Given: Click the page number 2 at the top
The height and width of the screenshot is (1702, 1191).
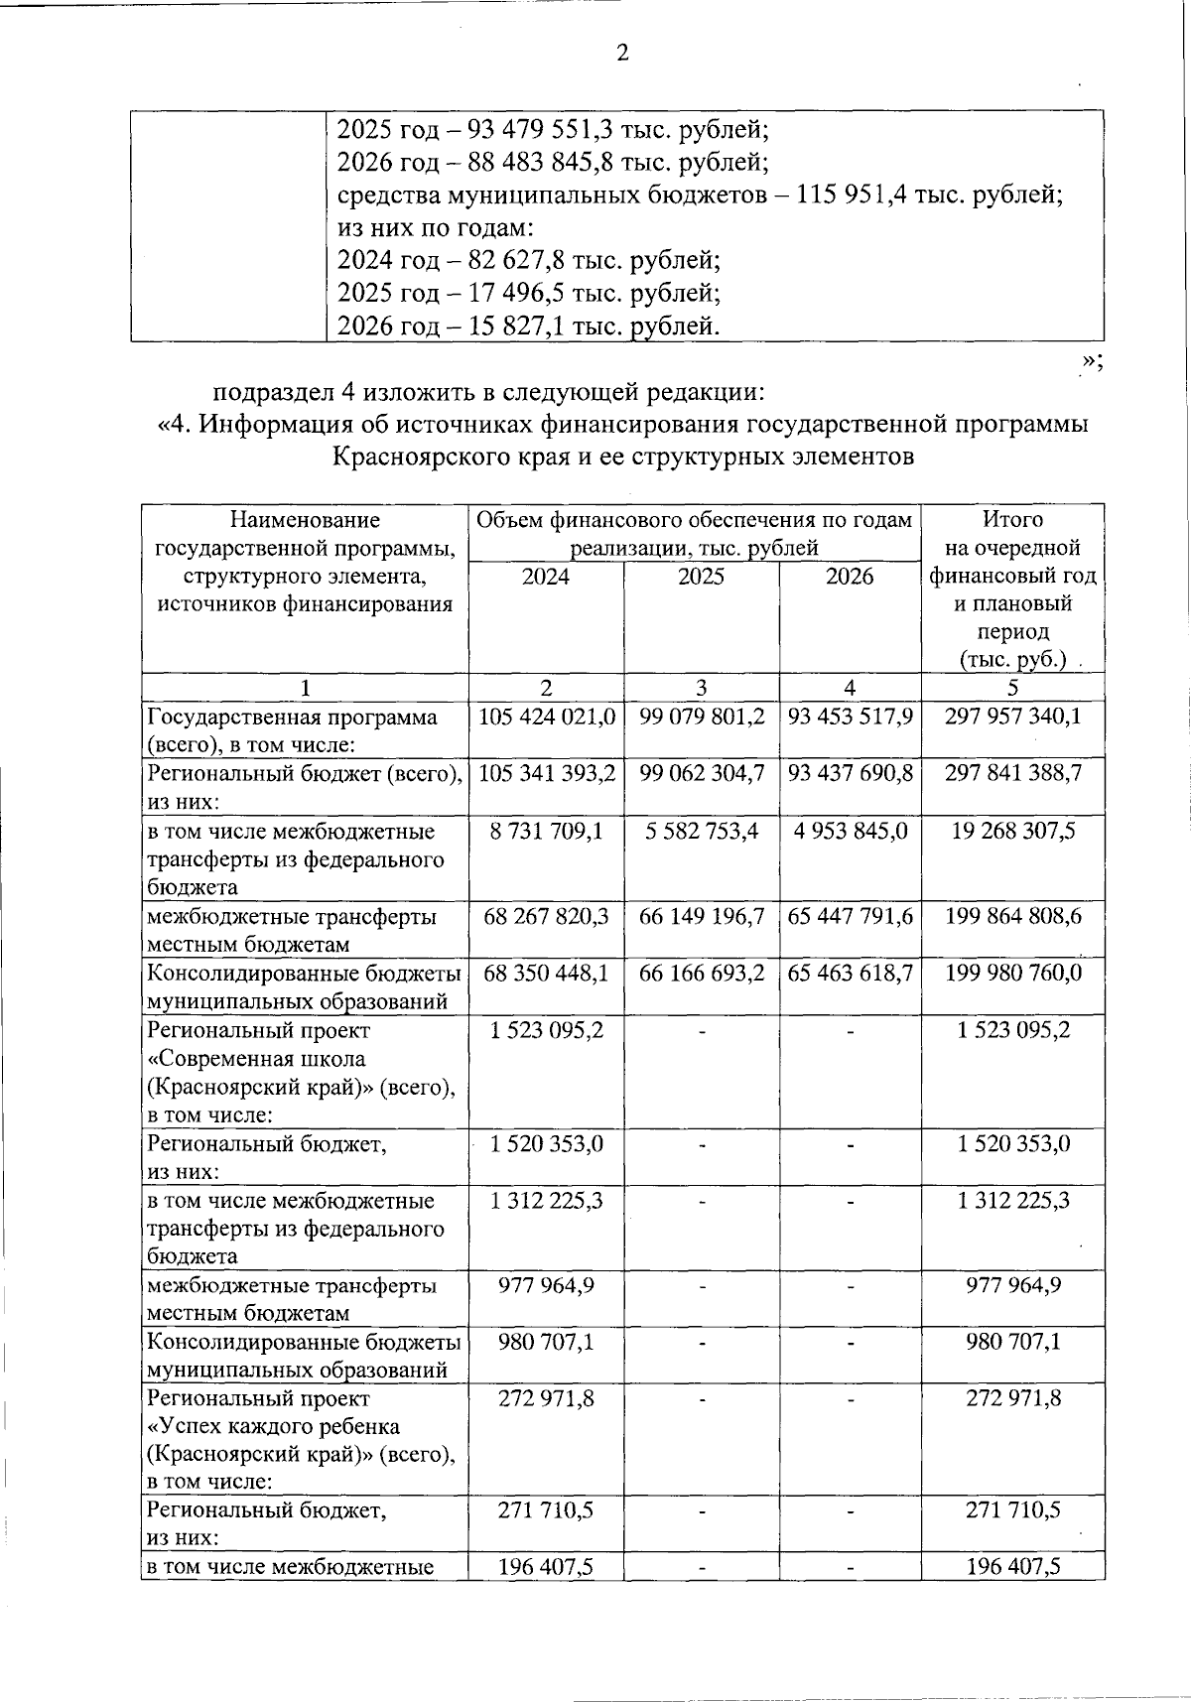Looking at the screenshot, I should point(622,54).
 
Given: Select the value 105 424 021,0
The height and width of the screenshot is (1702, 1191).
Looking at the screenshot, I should point(547,717).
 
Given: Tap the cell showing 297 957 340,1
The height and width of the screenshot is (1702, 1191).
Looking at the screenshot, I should point(1012,717).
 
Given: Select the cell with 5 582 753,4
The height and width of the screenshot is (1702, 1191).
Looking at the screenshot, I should point(701,831).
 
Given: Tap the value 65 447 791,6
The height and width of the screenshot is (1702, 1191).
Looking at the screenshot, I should point(850,916).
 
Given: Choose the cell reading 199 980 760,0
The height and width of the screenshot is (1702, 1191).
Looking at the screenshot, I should point(1012,973).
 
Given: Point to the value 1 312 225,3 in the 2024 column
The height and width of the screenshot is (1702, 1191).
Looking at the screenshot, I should point(547,1201).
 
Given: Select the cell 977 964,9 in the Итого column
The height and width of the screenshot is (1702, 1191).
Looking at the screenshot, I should point(1012,1285).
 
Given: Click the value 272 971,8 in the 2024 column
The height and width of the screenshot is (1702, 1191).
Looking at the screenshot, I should point(547,1398).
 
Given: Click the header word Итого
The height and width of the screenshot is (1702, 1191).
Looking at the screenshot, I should point(1012,519).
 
